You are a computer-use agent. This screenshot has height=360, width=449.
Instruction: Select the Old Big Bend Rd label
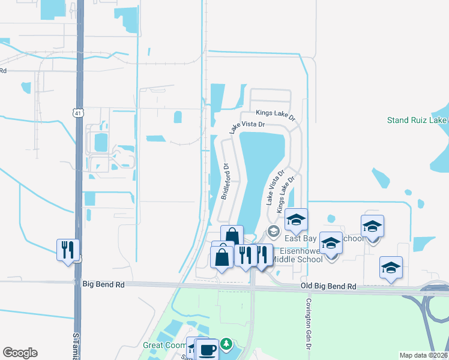[x=328, y=287]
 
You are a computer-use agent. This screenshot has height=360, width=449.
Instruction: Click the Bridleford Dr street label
[x=226, y=182]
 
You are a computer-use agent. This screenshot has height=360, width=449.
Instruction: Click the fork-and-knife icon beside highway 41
[x=68, y=249]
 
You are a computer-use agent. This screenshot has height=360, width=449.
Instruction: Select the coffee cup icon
[x=208, y=349]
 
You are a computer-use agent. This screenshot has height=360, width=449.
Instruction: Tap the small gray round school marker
[x=274, y=232]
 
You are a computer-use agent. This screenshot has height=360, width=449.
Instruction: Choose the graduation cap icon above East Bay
[x=296, y=220]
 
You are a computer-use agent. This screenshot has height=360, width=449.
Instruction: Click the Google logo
[x=20, y=353]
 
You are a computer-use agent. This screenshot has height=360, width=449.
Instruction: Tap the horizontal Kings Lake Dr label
[x=276, y=113]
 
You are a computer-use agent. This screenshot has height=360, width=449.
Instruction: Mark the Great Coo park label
[x=164, y=346]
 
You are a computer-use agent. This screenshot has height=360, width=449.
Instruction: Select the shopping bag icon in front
[x=222, y=258]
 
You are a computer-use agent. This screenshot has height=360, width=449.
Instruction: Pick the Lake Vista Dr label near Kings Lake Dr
[x=247, y=127]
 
